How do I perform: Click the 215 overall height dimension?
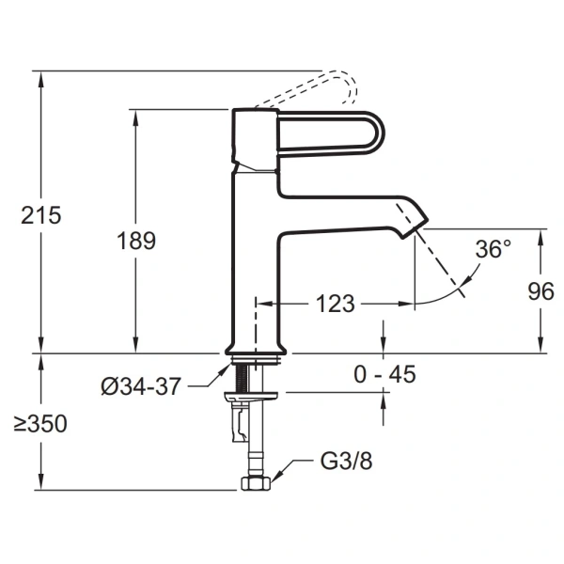click(41, 216)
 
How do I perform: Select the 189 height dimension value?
click(136, 241)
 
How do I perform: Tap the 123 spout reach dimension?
click(336, 304)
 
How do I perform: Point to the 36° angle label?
click(493, 248)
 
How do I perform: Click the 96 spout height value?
click(541, 291)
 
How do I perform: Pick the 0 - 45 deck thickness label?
click(384, 374)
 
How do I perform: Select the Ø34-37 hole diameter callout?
click(140, 386)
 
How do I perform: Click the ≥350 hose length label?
click(40, 423)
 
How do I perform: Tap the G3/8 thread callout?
click(346, 462)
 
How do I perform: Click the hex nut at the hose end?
click(256, 483)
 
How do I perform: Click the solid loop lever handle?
click(331, 133)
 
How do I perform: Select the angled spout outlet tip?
click(415, 227)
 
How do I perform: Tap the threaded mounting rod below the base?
click(242, 378)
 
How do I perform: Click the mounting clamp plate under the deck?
click(251, 397)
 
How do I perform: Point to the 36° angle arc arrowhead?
click(467, 279)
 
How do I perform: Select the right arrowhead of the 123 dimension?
click(406, 304)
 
